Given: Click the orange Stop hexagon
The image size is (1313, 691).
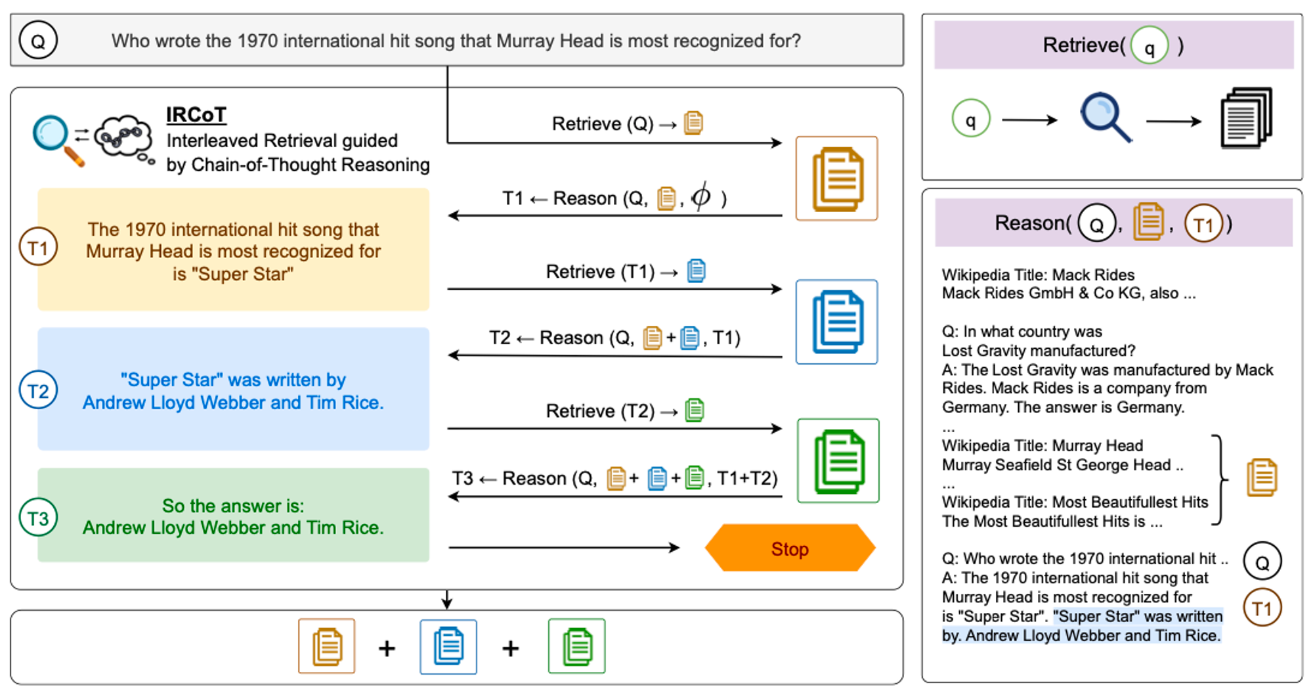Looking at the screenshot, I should pyautogui.click(x=790, y=548).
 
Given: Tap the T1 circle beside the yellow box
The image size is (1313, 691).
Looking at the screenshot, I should pyautogui.click(x=38, y=248).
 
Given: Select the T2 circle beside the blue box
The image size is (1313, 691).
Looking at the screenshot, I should pyautogui.click(x=38, y=390).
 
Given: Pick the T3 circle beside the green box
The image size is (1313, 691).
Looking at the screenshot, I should pyautogui.click(x=38, y=518).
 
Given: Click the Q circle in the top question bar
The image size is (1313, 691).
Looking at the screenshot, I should pyautogui.click(x=38, y=41).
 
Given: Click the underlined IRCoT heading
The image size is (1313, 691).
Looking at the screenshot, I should pyautogui.click(x=196, y=115).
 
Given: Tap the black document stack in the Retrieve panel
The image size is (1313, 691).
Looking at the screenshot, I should pyautogui.click(x=1245, y=118).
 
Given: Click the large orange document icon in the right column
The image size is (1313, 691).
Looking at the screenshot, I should pyautogui.click(x=836, y=179).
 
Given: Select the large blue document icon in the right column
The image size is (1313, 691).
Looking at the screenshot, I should pyautogui.click(x=836, y=322).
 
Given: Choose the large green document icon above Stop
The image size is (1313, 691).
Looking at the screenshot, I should pyautogui.click(x=838, y=461).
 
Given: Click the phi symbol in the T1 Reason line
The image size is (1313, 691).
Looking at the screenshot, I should pyautogui.click(x=701, y=196).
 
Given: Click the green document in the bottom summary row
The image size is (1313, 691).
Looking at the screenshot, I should pyautogui.click(x=576, y=646).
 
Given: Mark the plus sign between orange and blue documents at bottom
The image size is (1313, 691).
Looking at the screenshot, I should pyautogui.click(x=387, y=649).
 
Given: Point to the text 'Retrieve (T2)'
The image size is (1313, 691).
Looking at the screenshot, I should pyautogui.click(x=600, y=411).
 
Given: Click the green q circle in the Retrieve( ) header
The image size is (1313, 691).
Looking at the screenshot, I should pyautogui.click(x=1149, y=46).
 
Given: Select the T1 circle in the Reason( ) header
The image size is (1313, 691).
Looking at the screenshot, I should pyautogui.click(x=1203, y=224).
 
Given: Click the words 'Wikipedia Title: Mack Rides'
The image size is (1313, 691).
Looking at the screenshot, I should pyautogui.click(x=1037, y=275).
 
